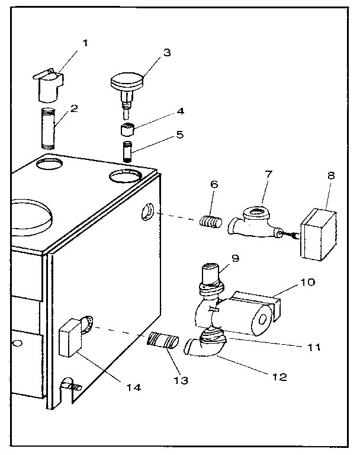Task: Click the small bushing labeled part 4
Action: pos(127,129)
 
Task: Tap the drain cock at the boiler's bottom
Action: pos(72,386)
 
